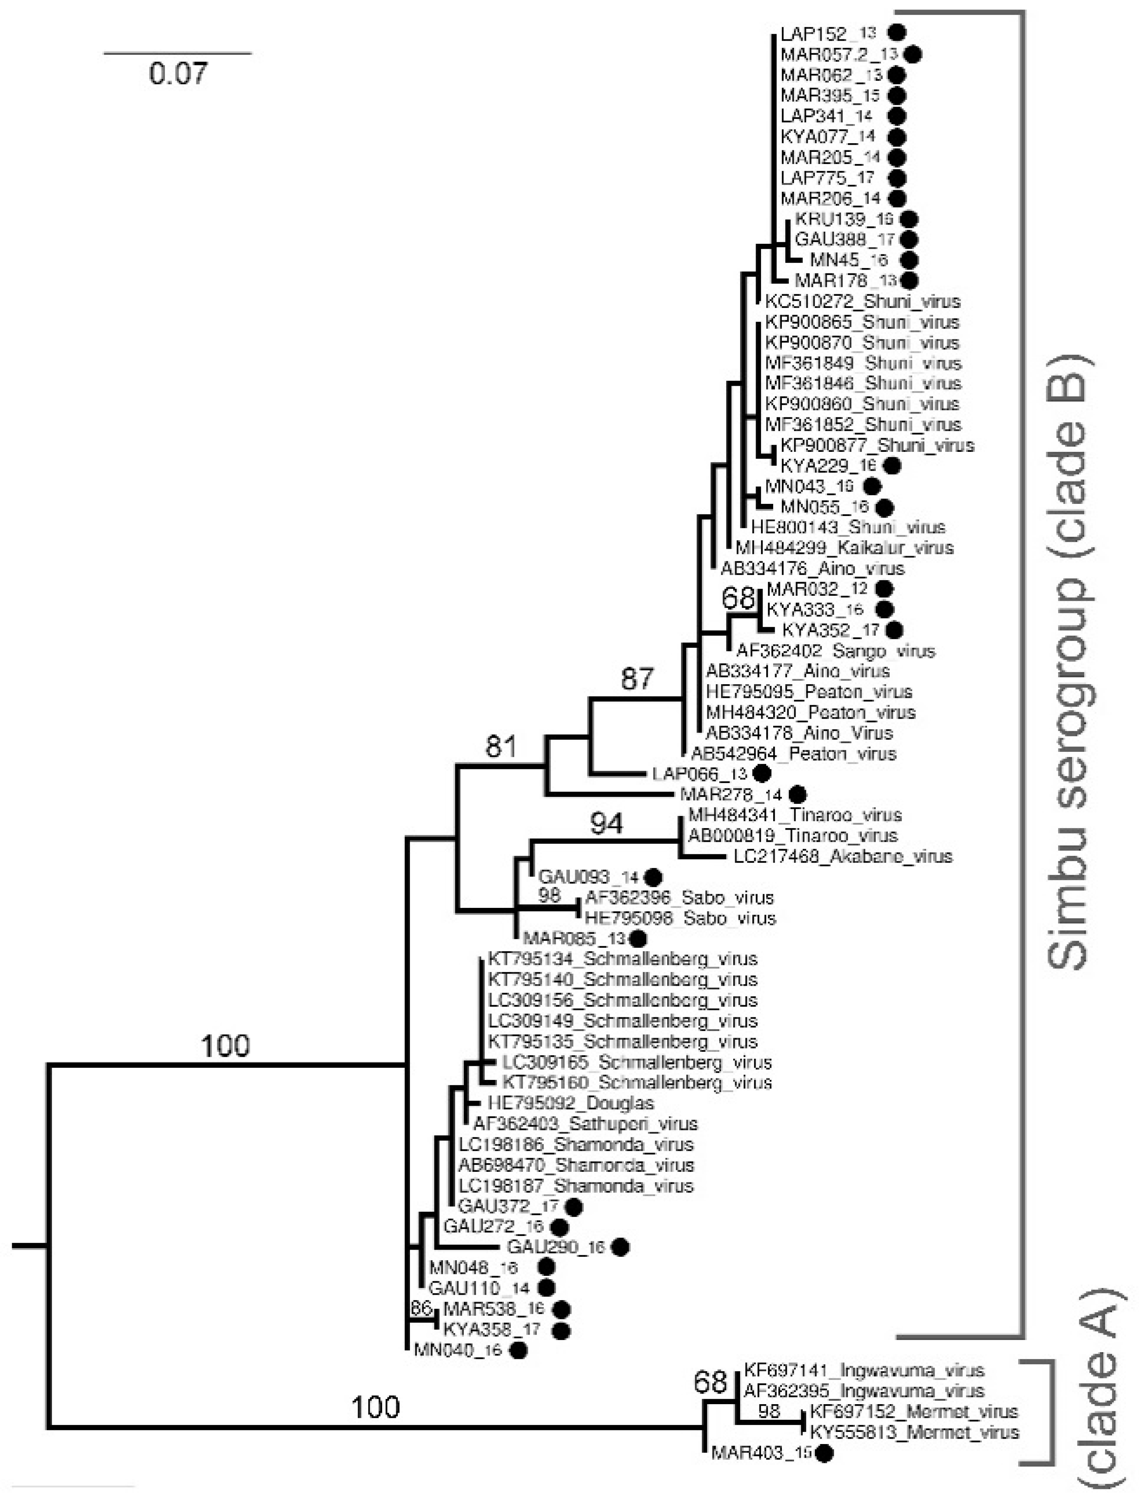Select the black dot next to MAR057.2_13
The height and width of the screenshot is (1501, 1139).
click(914, 54)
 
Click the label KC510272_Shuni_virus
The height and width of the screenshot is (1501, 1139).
click(862, 301)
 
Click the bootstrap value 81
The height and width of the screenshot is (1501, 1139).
click(501, 747)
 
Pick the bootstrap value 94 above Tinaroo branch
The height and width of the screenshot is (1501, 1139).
click(606, 824)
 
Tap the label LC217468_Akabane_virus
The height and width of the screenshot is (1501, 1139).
click(842, 856)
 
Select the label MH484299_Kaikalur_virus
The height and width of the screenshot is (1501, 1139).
click(845, 548)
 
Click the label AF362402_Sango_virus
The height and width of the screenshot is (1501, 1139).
click(835, 651)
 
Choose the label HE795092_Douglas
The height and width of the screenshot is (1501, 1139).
click(571, 1103)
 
